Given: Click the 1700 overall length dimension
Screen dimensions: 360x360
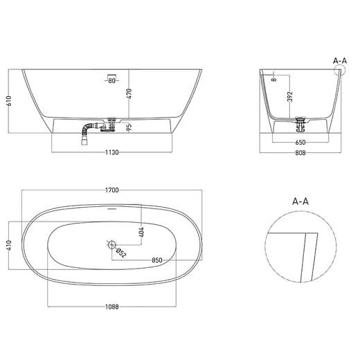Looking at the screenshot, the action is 112,190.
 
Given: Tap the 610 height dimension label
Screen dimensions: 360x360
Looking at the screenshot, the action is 9,101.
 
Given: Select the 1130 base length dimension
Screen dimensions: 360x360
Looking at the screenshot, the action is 112,152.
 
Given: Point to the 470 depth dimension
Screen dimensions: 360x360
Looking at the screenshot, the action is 129,94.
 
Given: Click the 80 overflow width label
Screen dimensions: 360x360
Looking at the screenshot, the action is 111,81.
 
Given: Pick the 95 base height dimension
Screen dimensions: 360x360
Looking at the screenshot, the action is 129,127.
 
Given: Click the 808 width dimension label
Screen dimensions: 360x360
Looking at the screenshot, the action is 300,153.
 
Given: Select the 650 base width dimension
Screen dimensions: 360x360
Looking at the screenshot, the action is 300,143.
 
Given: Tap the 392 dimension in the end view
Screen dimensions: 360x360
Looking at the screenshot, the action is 290,96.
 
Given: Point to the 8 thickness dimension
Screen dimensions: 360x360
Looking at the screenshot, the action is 274,80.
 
